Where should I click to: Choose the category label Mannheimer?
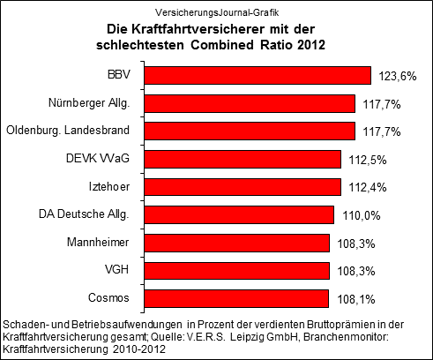tap(100, 242)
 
